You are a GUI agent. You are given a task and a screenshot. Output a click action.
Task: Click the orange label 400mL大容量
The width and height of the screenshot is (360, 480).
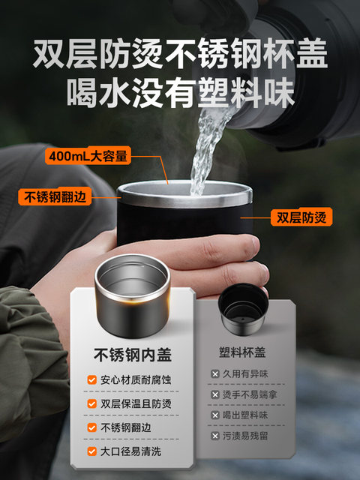tap(88, 156)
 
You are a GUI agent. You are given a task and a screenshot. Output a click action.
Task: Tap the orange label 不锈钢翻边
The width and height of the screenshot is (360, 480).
tap(55, 196)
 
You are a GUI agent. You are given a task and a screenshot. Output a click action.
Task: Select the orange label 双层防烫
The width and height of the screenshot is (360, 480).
tap(301, 217)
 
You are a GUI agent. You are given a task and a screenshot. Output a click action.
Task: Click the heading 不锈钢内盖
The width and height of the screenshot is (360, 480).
tap(133, 355)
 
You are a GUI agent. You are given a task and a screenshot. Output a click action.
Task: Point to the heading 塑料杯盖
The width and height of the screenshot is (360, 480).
tap(242, 352)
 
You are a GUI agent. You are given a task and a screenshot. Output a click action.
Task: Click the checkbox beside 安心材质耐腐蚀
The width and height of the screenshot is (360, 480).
tap(91, 380)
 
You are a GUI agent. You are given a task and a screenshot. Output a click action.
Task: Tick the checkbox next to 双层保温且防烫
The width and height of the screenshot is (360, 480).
tap(91, 403)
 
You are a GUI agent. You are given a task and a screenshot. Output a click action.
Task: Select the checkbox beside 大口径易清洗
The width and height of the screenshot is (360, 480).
tap(91, 451)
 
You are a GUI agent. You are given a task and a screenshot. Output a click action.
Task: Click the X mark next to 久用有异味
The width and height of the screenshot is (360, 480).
tap(215, 373)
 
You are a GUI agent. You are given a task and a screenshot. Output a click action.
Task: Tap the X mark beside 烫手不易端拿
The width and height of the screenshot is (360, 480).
tap(215, 394)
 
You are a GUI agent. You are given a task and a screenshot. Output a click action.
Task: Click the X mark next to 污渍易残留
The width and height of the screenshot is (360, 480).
tap(215, 436)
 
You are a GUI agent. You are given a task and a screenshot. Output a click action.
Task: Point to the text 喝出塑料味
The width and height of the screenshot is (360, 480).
tap(245, 415)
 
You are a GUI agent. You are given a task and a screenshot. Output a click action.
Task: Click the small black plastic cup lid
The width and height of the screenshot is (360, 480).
tap(243, 309)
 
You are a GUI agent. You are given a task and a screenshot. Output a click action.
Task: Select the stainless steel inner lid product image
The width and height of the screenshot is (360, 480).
tap(132, 296)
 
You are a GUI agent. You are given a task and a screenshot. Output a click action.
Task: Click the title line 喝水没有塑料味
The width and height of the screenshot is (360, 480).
tap(181, 92)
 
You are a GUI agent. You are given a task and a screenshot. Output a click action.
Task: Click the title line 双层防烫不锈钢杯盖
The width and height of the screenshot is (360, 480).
tap(180, 53)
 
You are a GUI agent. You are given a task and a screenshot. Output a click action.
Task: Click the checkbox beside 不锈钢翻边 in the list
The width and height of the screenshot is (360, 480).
tap(91, 427)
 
